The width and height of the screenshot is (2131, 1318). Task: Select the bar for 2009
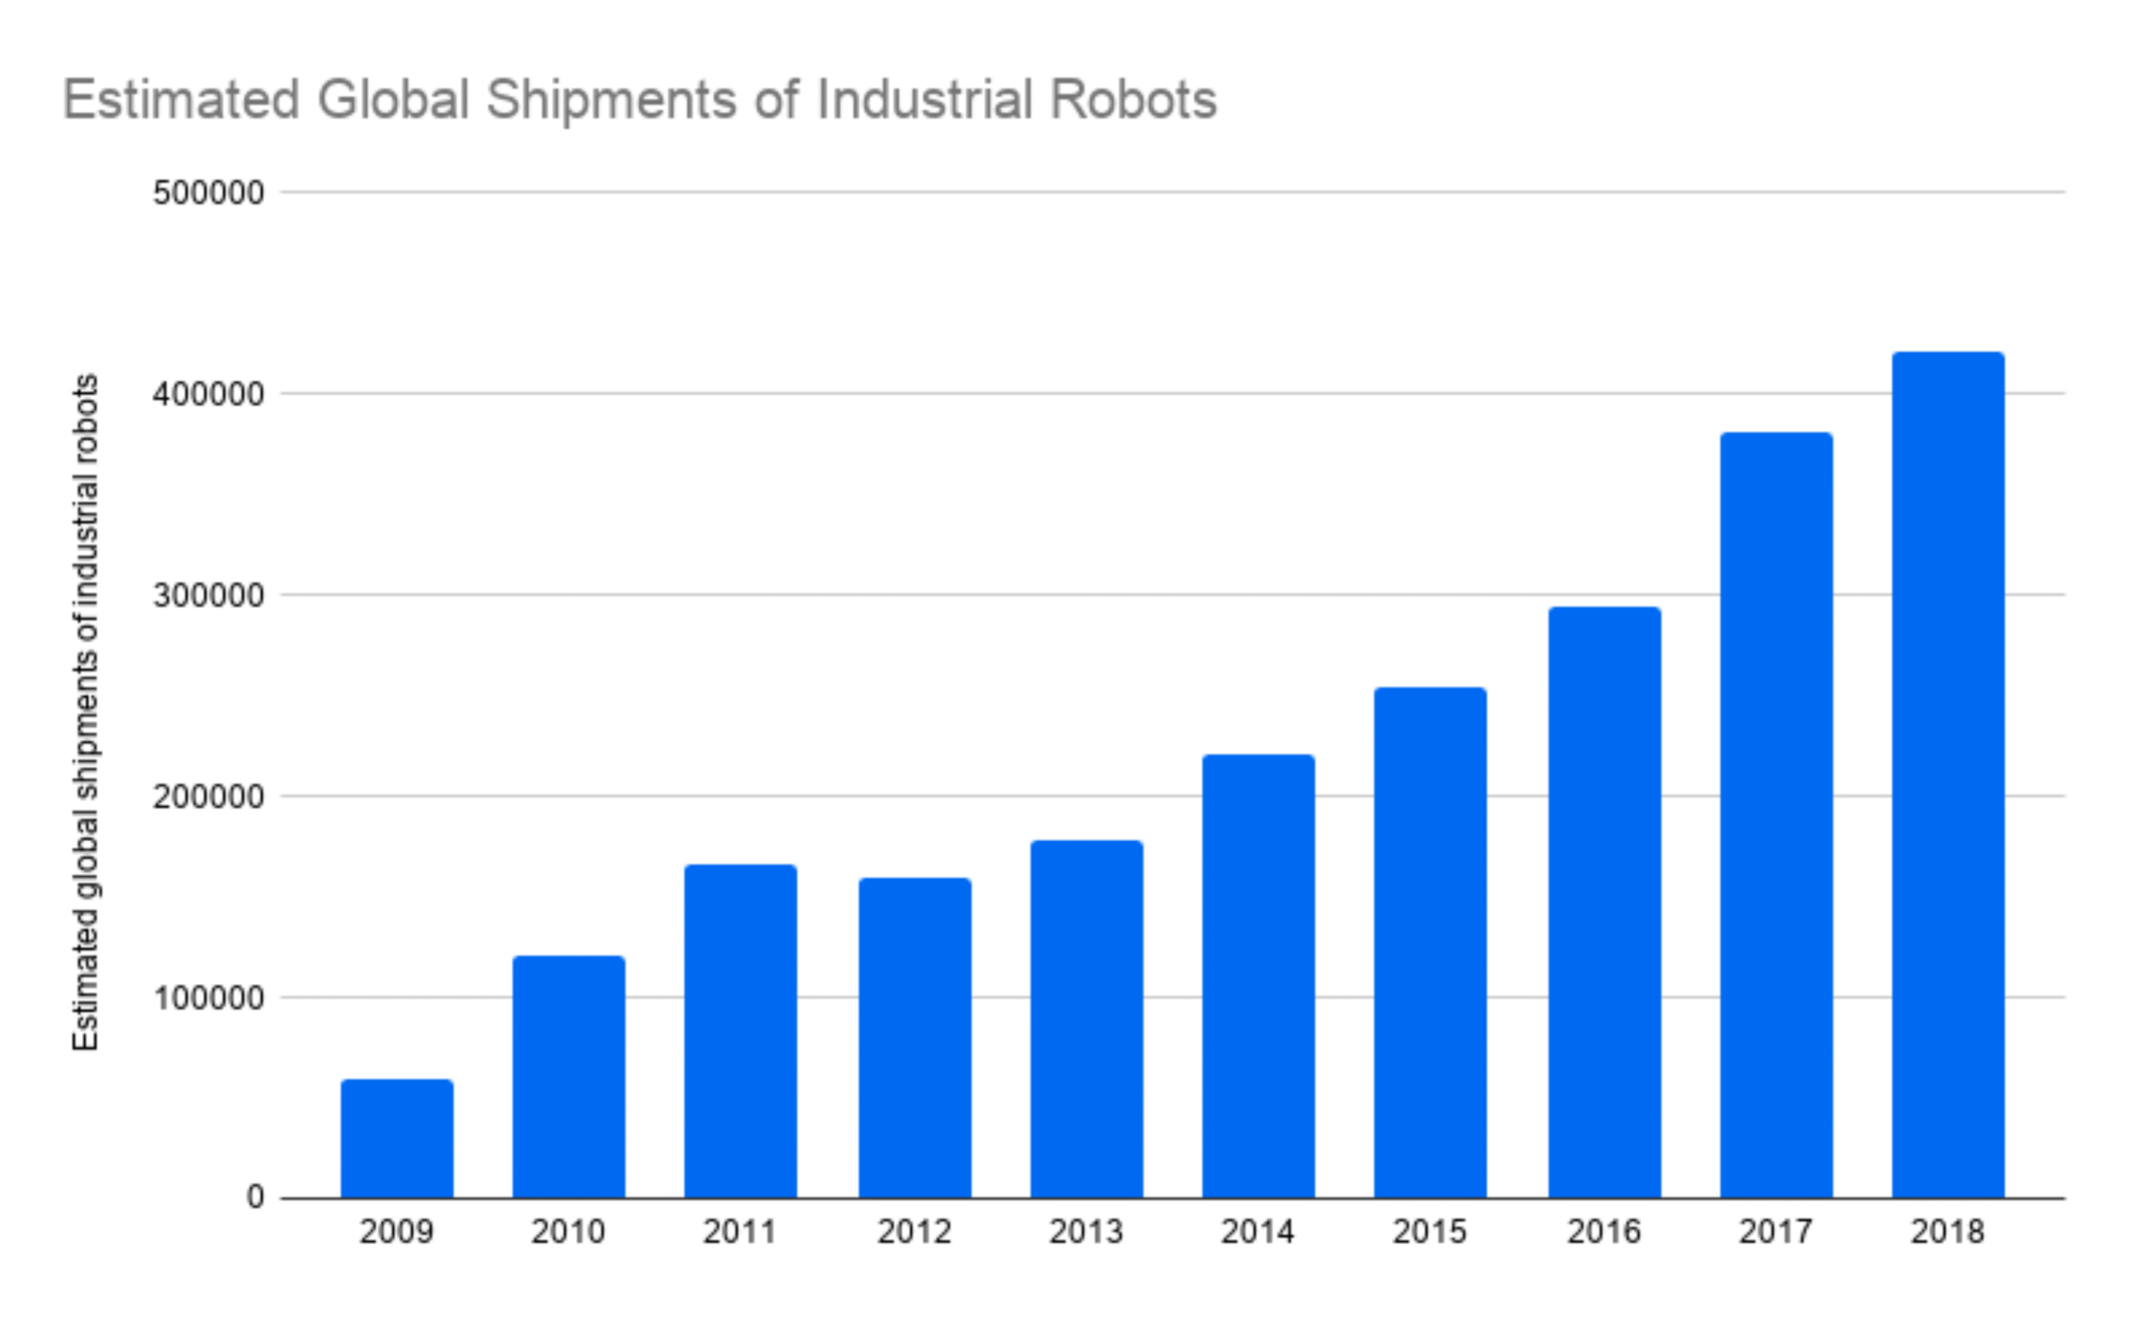(396, 1138)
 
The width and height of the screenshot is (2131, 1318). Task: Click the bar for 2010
(569, 1077)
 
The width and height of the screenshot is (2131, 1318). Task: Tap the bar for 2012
(914, 1037)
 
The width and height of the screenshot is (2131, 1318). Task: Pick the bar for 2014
(1258, 976)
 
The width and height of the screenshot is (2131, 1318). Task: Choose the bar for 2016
(1604, 903)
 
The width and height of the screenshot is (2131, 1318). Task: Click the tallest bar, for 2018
(1948, 775)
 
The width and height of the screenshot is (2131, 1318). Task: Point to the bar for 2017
(1776, 815)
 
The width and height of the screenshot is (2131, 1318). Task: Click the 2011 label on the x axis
(739, 1231)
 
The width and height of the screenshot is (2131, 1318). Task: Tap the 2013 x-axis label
(1085, 1231)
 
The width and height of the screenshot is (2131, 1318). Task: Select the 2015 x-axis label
(1429, 1231)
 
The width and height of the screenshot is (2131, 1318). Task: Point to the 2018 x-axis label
(1947, 1231)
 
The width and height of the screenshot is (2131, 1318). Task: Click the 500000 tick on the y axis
(208, 192)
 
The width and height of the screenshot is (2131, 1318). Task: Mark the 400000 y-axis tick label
(208, 394)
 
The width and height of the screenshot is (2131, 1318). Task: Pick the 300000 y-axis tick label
(208, 595)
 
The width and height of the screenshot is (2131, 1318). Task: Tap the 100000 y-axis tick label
(208, 997)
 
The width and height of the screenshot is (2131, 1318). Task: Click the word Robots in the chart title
(1133, 99)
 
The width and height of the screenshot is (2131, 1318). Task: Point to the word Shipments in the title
(611, 99)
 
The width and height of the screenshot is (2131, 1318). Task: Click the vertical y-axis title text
(86, 712)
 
